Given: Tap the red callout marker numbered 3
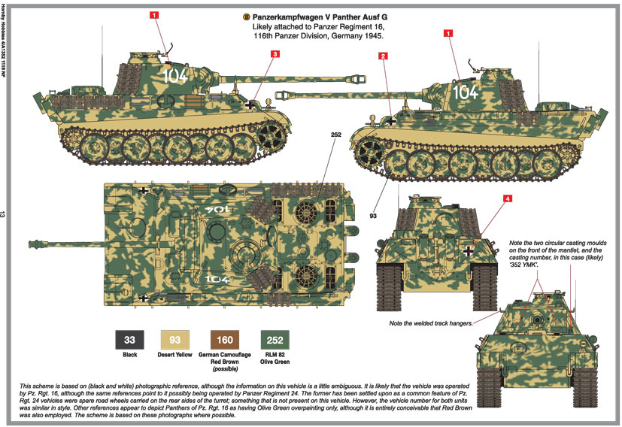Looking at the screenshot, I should point(275,54).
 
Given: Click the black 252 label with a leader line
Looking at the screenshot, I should point(335,135).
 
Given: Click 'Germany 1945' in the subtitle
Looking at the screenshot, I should point(357,36).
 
